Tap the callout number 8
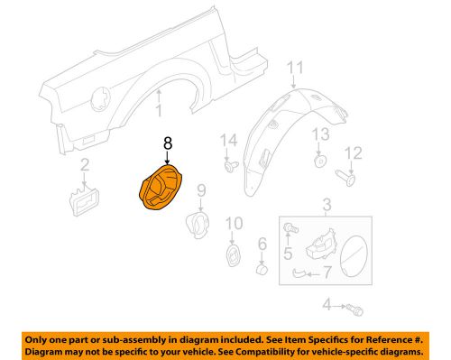pyautogui.click(x=166, y=143)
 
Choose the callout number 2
pyautogui.click(x=84, y=164)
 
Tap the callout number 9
pyautogui.click(x=201, y=189)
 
